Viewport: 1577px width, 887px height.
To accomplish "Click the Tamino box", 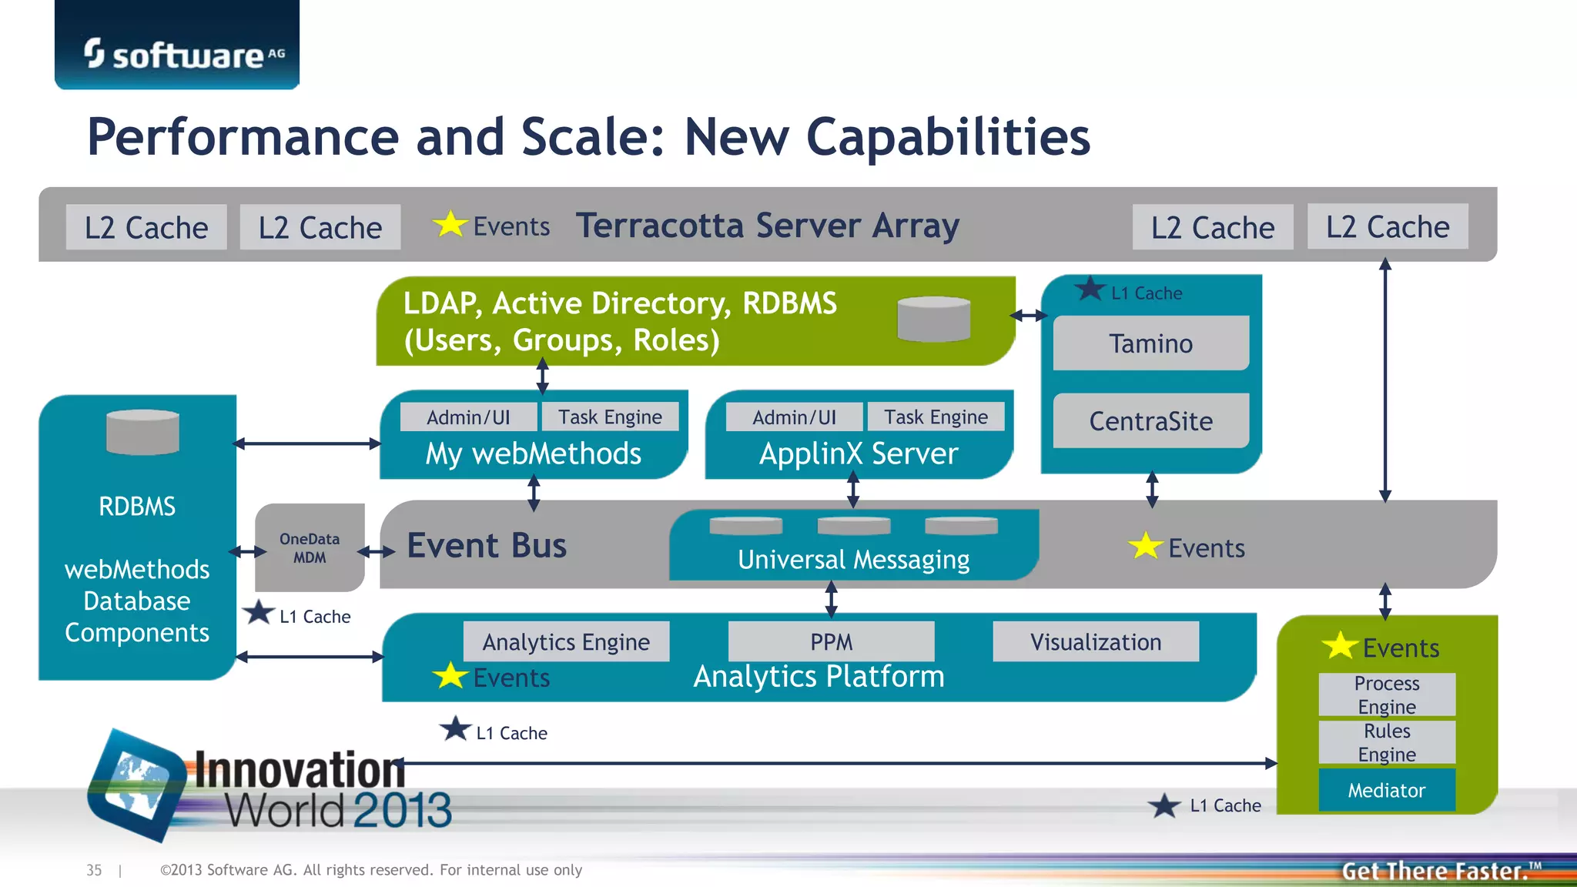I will click(x=1150, y=343).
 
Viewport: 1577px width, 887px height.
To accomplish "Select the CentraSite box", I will click(x=1150, y=421).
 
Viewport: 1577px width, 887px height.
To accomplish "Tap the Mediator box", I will click(x=1386, y=790).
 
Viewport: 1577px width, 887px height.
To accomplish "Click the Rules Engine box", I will click(x=1386, y=742).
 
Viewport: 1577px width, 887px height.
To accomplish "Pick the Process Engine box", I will click(x=1386, y=695).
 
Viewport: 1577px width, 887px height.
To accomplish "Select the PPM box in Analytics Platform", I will click(x=831, y=641).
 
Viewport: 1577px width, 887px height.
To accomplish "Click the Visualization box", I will click(x=1095, y=641).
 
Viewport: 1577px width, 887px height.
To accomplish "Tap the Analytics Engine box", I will click(x=566, y=641).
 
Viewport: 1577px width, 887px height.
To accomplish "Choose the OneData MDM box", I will click(x=310, y=547).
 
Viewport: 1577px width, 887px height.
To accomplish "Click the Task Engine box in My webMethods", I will click(x=610, y=417).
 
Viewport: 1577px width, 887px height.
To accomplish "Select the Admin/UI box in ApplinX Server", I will click(x=794, y=417).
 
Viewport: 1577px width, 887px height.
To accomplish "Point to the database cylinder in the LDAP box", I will click(x=933, y=319).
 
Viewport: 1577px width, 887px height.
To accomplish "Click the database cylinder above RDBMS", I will click(x=142, y=432).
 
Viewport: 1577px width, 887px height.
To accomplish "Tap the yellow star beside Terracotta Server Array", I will click(x=450, y=225).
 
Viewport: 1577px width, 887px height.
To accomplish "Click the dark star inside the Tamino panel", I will click(x=1090, y=290).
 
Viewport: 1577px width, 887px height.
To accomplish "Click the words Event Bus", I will click(x=487, y=545).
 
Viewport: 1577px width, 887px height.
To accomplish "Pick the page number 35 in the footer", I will click(x=94, y=870).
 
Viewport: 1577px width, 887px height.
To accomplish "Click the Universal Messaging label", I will click(x=853, y=560).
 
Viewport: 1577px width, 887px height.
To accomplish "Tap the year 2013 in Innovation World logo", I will click(x=403, y=810).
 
